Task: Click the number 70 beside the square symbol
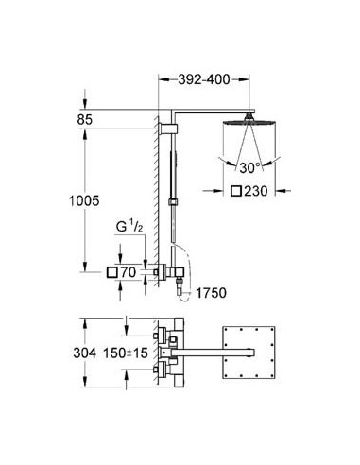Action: coord(129,272)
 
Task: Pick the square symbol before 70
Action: coord(111,272)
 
